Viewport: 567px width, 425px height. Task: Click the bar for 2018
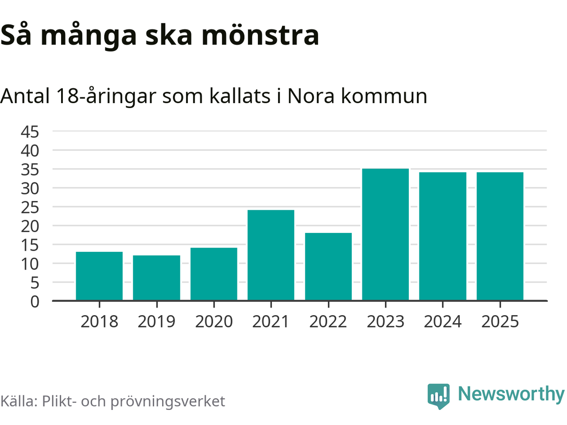(99, 276)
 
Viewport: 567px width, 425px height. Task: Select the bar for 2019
(156, 278)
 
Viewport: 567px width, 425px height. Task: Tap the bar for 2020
(214, 274)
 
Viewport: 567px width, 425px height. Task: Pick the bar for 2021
(271, 255)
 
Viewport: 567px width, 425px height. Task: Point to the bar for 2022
(328, 267)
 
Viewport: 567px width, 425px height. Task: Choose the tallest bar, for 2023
(385, 235)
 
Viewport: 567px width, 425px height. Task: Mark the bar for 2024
(443, 236)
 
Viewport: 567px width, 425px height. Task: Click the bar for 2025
(500, 236)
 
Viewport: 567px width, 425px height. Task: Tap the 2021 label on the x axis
(271, 322)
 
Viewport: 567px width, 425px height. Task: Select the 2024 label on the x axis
(443, 322)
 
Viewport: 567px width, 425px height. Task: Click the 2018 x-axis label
(99, 322)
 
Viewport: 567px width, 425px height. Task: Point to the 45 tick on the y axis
(30, 131)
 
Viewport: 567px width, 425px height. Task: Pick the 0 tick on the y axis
(35, 301)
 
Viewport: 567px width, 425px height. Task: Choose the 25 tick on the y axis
(30, 207)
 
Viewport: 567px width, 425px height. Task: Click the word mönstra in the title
(260, 35)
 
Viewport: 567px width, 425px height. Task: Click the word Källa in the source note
(19, 401)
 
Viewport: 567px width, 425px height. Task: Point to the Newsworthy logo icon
(439, 395)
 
